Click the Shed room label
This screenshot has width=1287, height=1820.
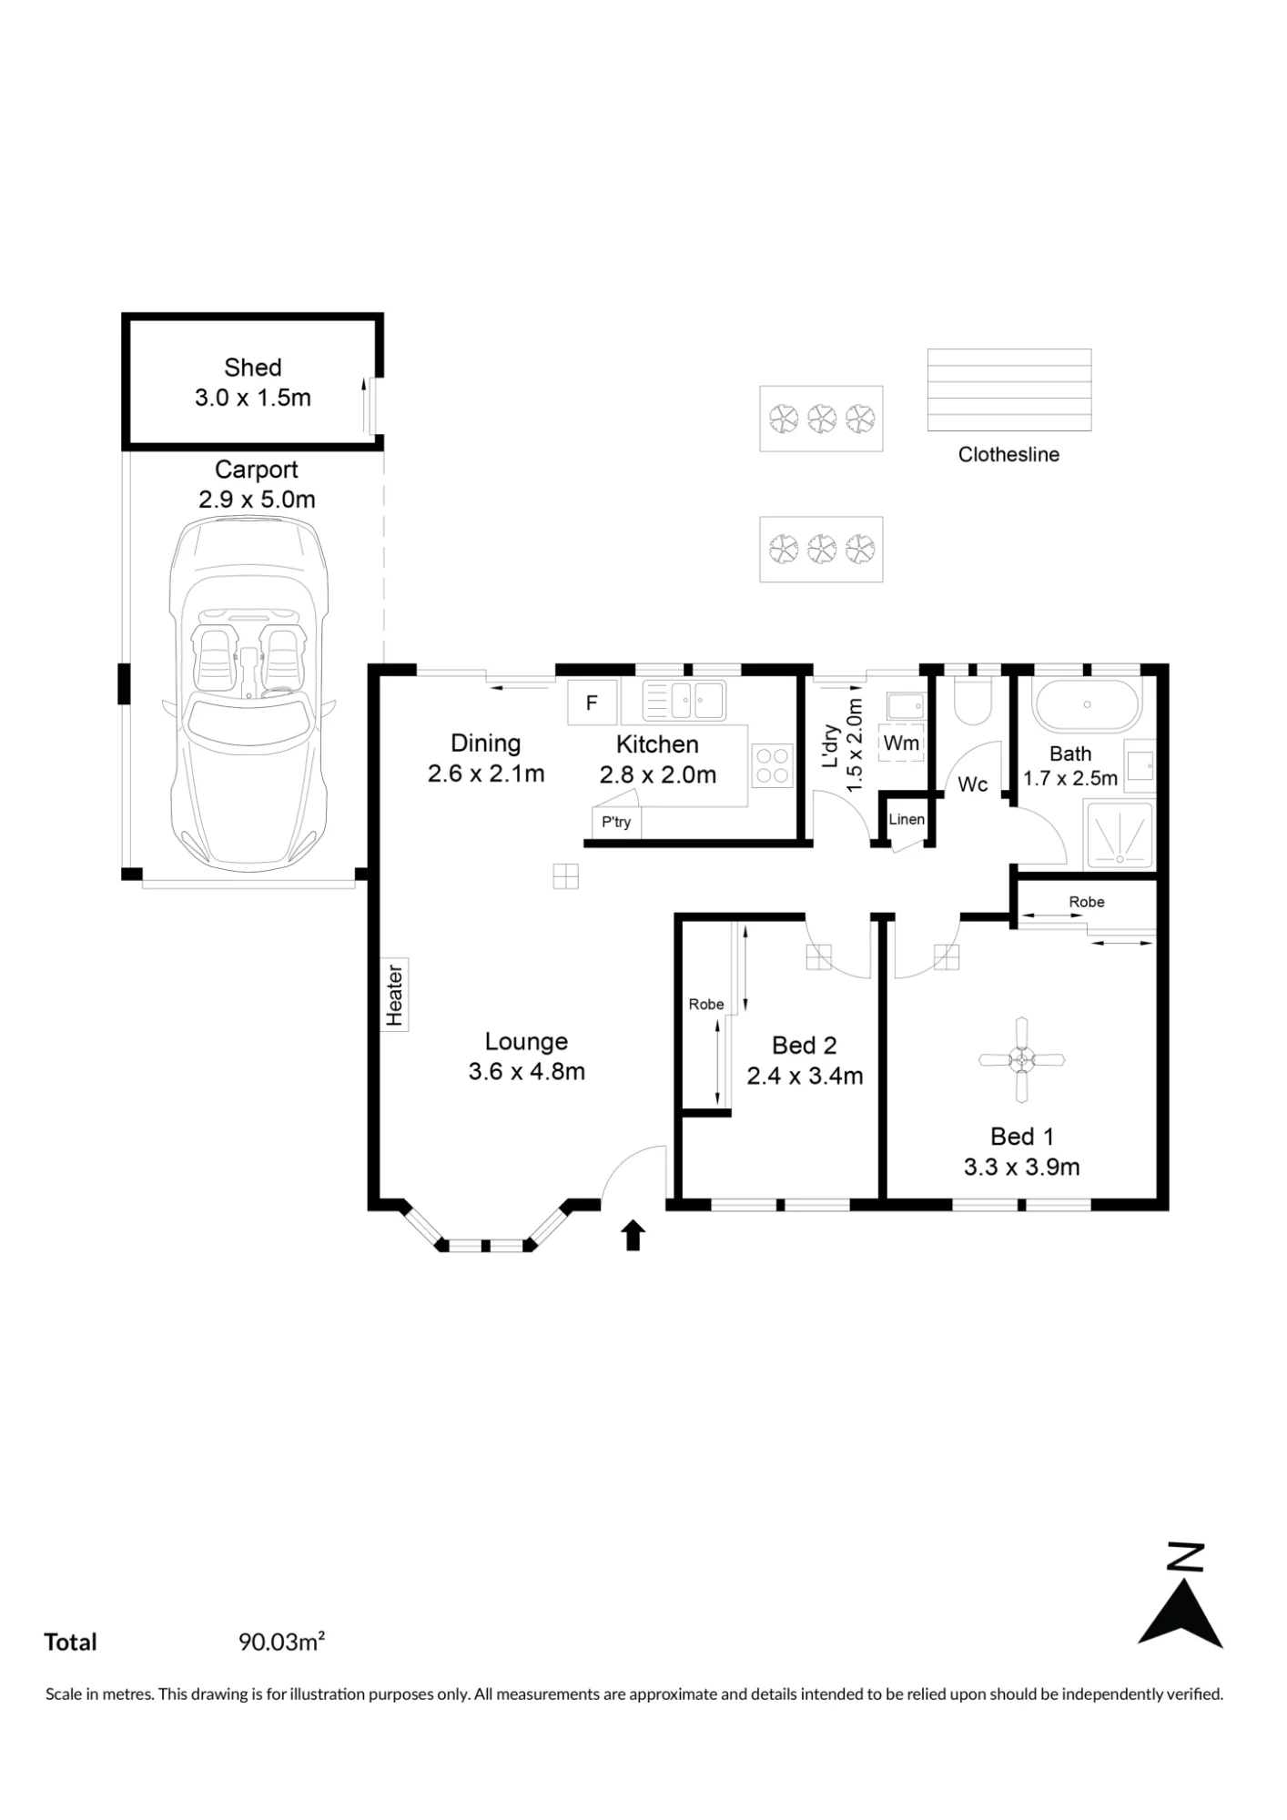tap(253, 368)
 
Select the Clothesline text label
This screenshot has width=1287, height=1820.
tap(1008, 454)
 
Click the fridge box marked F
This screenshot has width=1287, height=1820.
tap(592, 703)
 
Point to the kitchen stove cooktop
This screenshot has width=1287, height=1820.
tap(772, 765)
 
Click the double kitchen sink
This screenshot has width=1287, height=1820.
tap(684, 701)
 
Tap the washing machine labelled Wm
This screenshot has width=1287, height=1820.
tap(901, 743)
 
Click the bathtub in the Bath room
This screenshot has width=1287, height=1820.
tap(1085, 704)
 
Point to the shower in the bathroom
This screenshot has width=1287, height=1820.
tap(1119, 834)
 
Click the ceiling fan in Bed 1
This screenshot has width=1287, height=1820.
tap(1021, 1059)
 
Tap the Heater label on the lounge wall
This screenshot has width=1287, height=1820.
tap(394, 995)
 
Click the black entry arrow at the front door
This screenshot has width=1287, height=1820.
tap(633, 1235)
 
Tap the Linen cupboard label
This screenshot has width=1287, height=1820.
tap(907, 819)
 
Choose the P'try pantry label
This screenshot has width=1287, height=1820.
tap(616, 822)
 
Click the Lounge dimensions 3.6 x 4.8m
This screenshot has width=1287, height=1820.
tap(526, 1071)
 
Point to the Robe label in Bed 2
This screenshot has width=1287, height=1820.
tap(706, 1004)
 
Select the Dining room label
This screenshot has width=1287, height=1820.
tap(486, 743)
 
